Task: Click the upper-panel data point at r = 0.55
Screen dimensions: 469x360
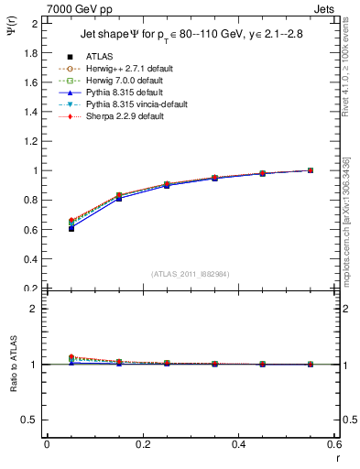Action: point(311,170)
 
